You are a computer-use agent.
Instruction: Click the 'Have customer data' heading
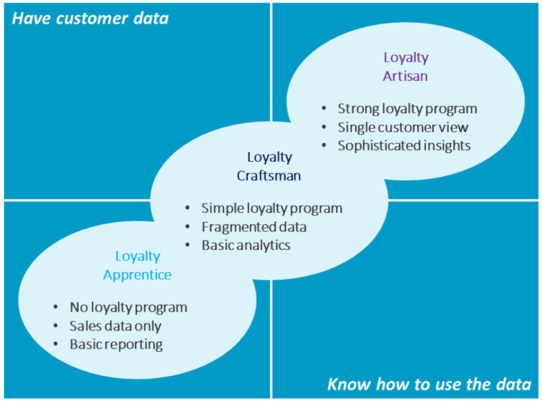tap(90, 19)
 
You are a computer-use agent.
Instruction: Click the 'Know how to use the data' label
tap(429, 384)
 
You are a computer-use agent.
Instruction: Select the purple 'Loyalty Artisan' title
tap(406, 66)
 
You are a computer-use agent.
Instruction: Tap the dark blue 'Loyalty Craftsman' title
tap(269, 166)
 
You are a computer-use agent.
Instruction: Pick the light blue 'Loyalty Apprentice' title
tap(137, 265)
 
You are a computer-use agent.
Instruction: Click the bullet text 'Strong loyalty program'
tap(407, 109)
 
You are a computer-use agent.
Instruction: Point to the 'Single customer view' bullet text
tap(403, 127)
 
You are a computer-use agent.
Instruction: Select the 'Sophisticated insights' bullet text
tap(404, 145)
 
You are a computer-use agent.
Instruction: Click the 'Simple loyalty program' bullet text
tap(271, 208)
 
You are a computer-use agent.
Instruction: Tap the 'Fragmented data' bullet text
tap(253, 227)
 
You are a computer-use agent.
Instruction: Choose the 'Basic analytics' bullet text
tap(246, 245)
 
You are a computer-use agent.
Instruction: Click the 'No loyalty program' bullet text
tap(128, 307)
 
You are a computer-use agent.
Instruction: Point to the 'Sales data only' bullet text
tap(115, 326)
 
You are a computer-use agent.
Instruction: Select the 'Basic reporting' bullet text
tap(116, 344)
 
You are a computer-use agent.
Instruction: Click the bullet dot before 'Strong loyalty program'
tap(324, 109)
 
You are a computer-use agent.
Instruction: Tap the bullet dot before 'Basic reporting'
tap(56, 344)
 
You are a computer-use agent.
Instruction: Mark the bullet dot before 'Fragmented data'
tap(188, 227)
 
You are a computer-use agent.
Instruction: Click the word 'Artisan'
tap(405, 76)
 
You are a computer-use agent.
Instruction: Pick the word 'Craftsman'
tap(269, 176)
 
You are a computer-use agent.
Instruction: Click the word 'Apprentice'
tap(137, 275)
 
